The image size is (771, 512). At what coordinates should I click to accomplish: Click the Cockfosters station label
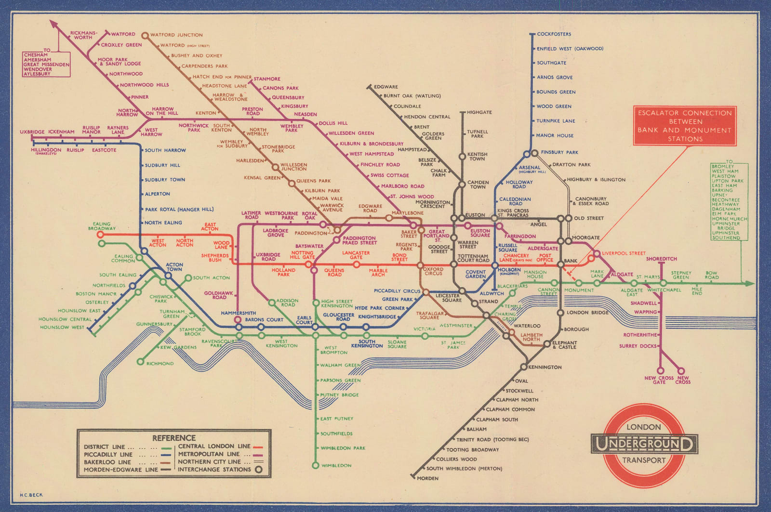(554, 34)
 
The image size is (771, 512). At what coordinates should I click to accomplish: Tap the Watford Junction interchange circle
(145, 35)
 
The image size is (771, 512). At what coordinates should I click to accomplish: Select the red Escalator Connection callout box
(685, 126)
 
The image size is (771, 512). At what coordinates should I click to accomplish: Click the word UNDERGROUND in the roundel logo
(644, 444)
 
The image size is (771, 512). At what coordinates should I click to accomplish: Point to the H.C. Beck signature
(31, 495)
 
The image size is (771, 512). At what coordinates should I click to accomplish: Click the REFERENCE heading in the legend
(174, 438)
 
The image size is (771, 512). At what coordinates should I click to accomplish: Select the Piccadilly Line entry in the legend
(108, 454)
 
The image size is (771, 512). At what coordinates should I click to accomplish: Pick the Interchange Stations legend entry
(214, 469)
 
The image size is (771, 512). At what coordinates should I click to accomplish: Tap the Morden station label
(427, 478)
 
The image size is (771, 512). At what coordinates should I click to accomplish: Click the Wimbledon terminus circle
(315, 465)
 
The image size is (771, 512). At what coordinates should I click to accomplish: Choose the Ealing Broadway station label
(102, 226)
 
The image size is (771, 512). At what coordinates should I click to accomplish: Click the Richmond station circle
(140, 362)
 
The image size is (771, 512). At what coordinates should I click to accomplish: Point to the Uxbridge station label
(32, 131)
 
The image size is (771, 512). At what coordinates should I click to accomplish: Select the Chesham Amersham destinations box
(46, 64)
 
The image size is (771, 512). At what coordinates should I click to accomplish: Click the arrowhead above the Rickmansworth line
(53, 24)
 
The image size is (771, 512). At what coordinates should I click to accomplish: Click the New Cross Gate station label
(659, 380)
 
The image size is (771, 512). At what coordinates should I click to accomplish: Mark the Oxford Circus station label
(433, 271)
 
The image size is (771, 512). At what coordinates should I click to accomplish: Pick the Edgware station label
(386, 87)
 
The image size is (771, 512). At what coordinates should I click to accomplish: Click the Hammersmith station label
(238, 313)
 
